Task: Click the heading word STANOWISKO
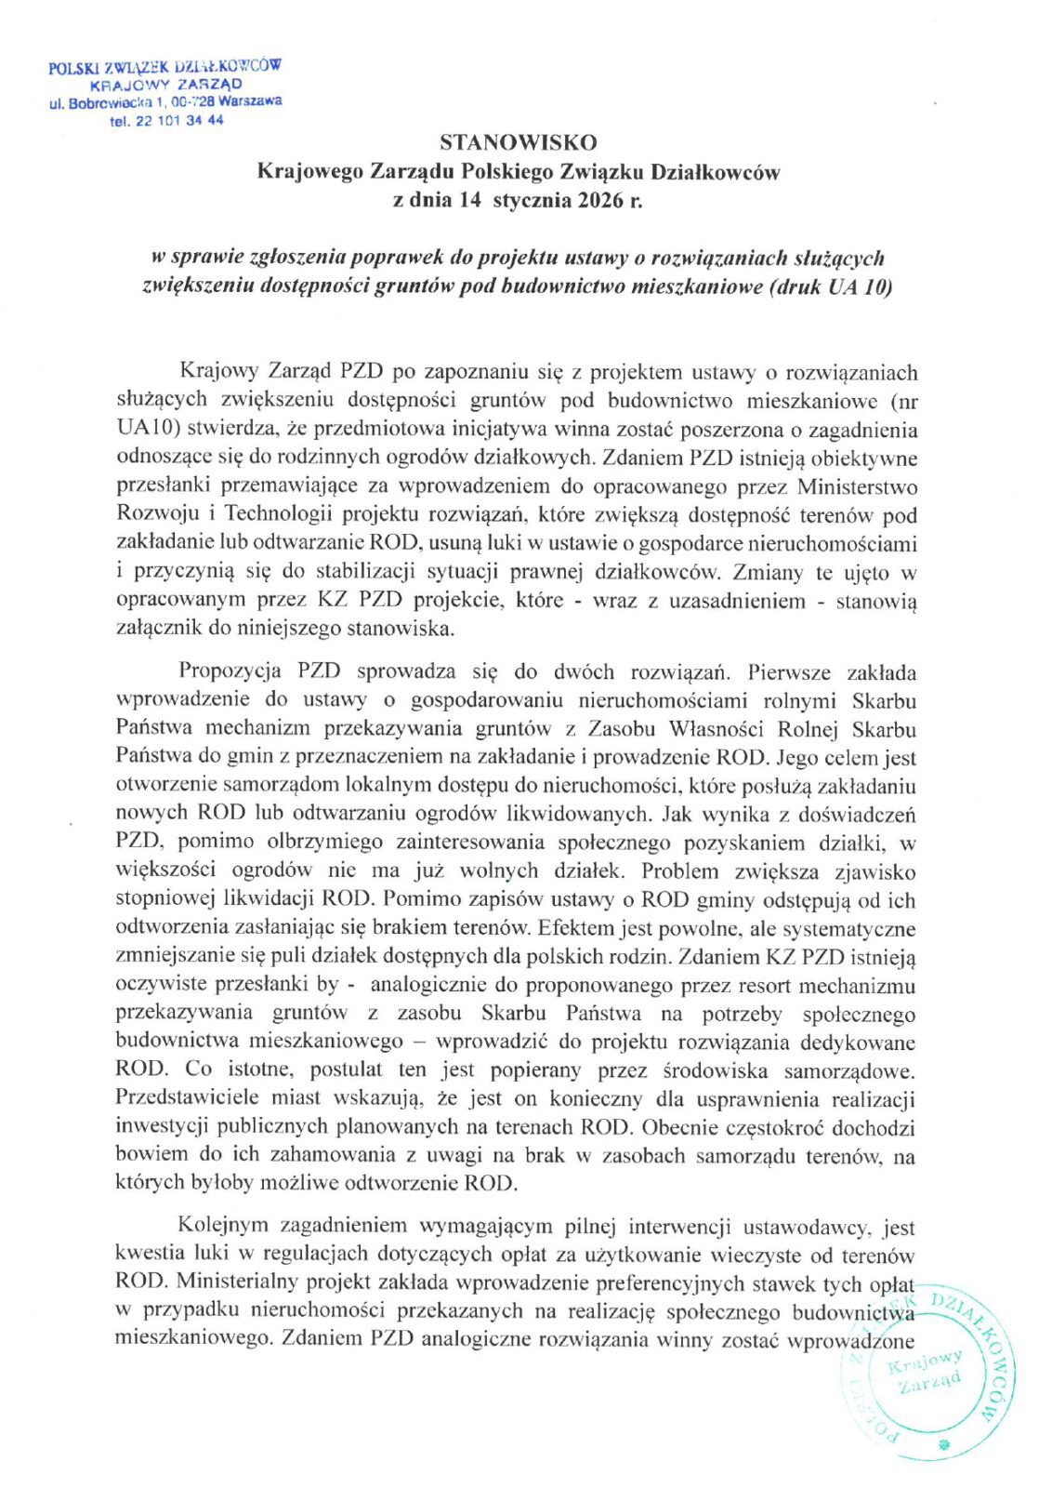coord(519,142)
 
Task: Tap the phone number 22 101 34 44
coord(179,121)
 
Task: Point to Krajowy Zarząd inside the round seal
coord(926,1374)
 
